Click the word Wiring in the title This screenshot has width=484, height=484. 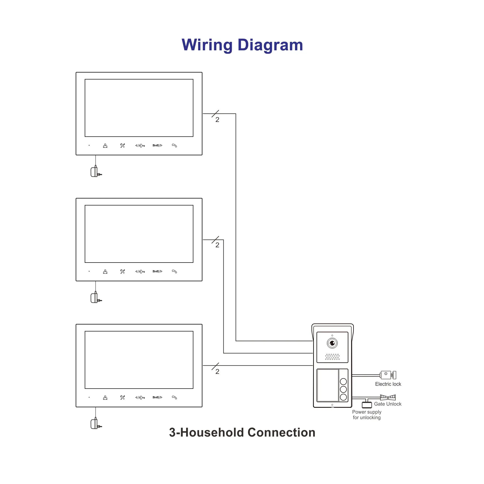coord(207,45)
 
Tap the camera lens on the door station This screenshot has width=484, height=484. coord(332,343)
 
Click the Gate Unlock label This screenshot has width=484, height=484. coord(387,404)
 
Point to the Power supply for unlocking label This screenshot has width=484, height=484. coord(366,415)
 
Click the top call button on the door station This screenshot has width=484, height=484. coord(343,382)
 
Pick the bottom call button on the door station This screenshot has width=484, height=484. coord(343,397)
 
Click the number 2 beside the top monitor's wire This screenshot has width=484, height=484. coord(217,120)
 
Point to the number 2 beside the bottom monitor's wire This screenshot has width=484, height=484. coord(217,371)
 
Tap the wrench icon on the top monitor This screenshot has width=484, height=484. coord(122,145)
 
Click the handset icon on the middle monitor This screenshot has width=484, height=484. coord(174,272)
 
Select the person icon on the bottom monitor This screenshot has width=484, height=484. coord(105,398)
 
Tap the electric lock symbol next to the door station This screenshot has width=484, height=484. coord(387,375)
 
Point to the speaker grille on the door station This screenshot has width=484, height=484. coord(332,357)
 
